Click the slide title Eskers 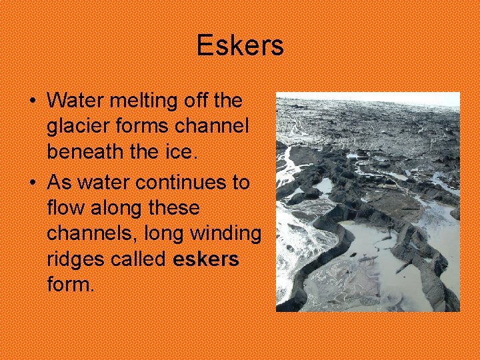tap(240, 46)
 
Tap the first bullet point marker tap(33, 101)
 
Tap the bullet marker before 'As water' tap(33, 183)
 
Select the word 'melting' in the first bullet tap(137, 101)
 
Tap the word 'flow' tap(63, 208)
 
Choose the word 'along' tap(112, 208)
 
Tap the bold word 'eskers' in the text tap(205, 259)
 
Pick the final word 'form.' tap(71, 285)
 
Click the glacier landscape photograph tap(368, 202)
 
